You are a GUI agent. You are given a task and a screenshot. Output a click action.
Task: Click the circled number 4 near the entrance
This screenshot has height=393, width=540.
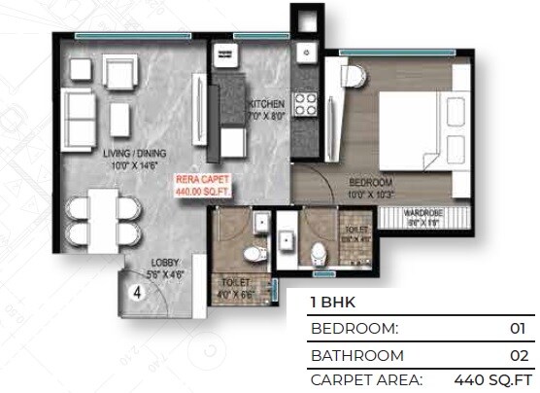click(x=138, y=289)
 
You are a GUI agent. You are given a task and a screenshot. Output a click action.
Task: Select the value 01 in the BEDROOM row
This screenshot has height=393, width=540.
click(x=517, y=329)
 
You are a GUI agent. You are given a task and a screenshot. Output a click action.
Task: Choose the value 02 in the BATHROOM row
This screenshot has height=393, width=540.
click(x=517, y=355)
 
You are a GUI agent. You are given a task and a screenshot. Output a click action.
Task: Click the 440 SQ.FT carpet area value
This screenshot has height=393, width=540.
click(x=493, y=379)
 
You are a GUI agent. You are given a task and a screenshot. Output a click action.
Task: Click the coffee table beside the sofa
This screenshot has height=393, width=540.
click(x=119, y=118)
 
